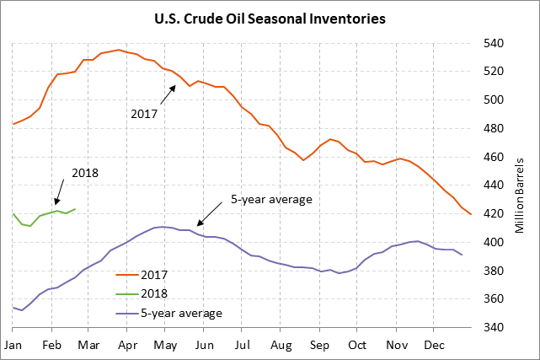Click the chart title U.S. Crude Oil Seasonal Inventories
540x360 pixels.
(270, 18)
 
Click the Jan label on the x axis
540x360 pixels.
(13, 345)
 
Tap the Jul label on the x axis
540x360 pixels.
(243, 345)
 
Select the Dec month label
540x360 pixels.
(434, 345)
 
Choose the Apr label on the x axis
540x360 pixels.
(128, 345)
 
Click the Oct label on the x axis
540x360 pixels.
(357, 345)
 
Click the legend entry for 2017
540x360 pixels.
(155, 274)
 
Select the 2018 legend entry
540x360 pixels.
(155, 293)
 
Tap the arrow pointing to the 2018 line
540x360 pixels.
(61, 191)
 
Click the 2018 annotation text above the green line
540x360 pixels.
(85, 174)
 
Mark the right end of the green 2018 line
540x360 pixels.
(76, 209)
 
